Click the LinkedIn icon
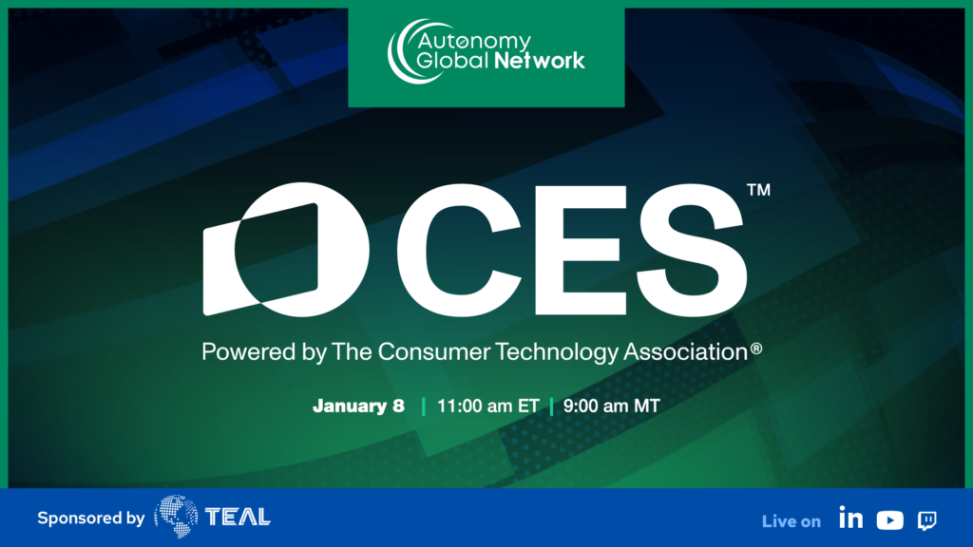pyautogui.click(x=850, y=518)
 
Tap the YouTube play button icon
pyautogui.click(x=889, y=520)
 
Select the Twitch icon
pyautogui.click(x=927, y=521)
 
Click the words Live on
pyautogui.click(x=792, y=521)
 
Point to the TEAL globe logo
pyautogui.click(x=176, y=516)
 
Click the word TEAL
pyautogui.click(x=238, y=517)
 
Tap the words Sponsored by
pyautogui.click(x=90, y=519)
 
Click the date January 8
pyautogui.click(x=358, y=406)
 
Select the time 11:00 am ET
pyautogui.click(x=487, y=406)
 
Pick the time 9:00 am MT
pyautogui.click(x=611, y=406)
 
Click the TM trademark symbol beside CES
pyautogui.click(x=758, y=190)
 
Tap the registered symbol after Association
pyautogui.click(x=755, y=349)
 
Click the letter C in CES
pyautogui.click(x=459, y=250)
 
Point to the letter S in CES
pyautogui.click(x=692, y=250)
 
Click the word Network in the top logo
pyautogui.click(x=540, y=61)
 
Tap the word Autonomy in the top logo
pyautogui.click(x=474, y=42)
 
